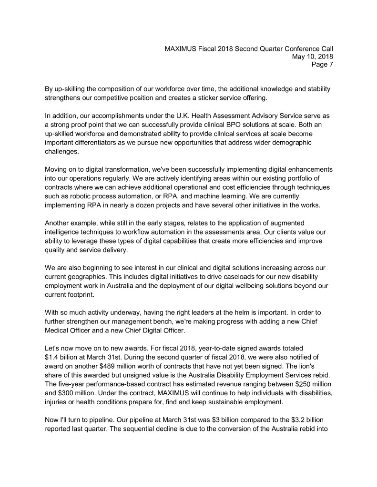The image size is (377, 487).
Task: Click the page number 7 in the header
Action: pyautogui.click(x=331, y=65)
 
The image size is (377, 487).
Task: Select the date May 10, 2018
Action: pyautogui.click(x=312, y=57)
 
